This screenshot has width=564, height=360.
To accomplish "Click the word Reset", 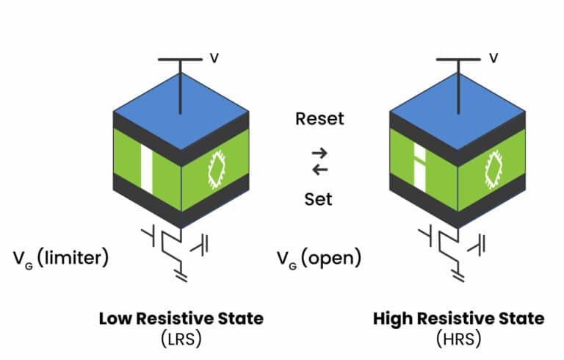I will tap(319, 118).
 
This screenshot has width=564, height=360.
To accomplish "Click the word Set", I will tap(319, 199).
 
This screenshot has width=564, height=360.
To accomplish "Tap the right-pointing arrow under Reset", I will tap(319, 153).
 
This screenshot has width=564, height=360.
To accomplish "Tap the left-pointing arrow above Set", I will tap(319, 170).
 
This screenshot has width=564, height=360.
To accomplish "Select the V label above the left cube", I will tap(214, 58).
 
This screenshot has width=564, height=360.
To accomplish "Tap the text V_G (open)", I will tap(317, 258).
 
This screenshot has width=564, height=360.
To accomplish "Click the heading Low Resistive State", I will tap(181, 319).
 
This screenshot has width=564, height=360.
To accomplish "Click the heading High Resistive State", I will tap(459, 319).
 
